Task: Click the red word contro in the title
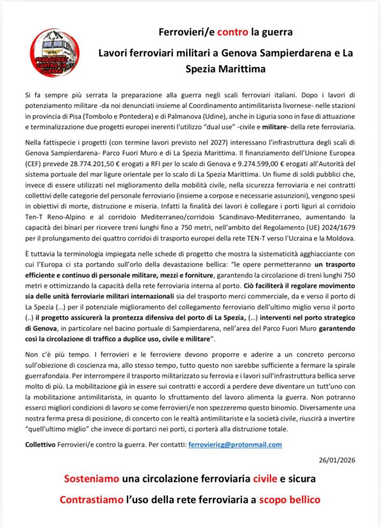[x=232, y=32]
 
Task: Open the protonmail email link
[x=235, y=444]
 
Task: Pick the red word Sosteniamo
[x=92, y=479]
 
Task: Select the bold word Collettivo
[x=43, y=444]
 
